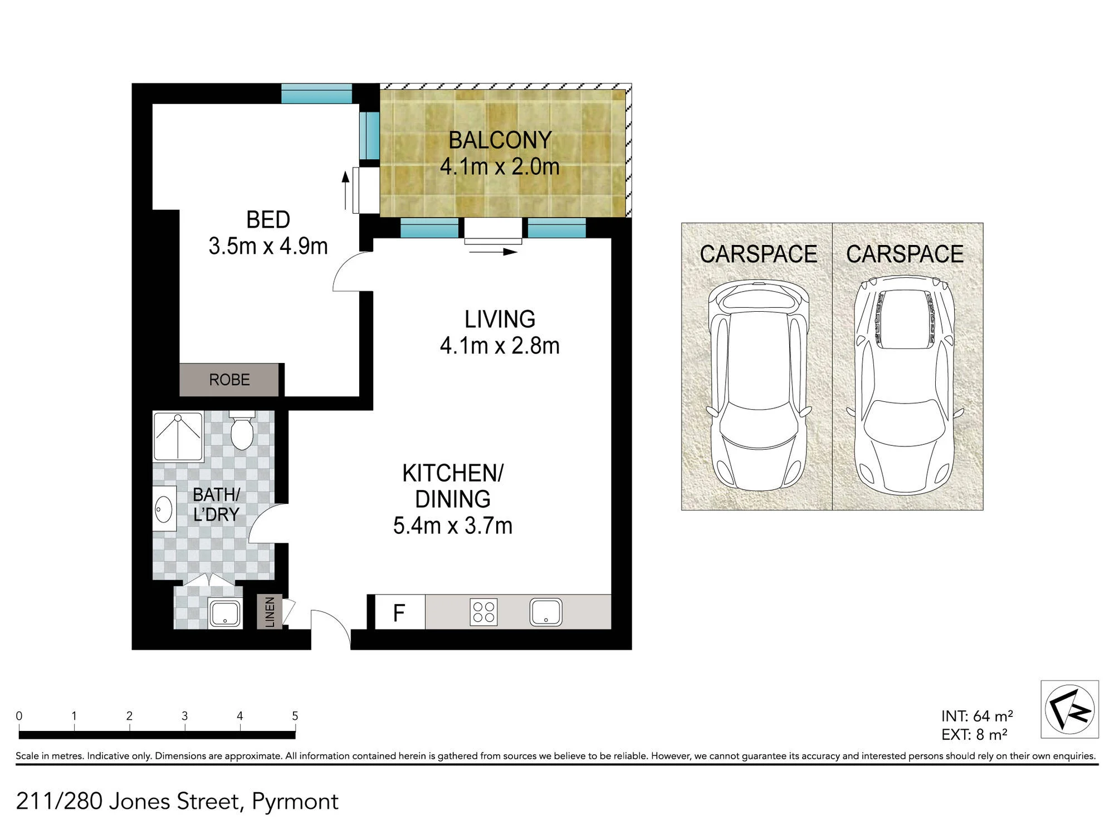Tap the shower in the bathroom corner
[x=178, y=436]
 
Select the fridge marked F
[x=399, y=612]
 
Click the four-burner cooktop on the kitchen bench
[x=483, y=612]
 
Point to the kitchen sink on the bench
[x=546, y=612]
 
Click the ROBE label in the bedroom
[x=229, y=380]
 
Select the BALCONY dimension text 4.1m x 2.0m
[x=500, y=166]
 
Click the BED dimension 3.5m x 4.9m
[x=268, y=246]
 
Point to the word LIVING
[x=500, y=319]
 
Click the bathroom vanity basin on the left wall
[x=164, y=509]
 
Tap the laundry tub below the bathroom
[x=225, y=613]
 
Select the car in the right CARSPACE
[x=905, y=385]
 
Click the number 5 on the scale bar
[x=295, y=716]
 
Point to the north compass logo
[x=1069, y=709]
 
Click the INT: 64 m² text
[x=977, y=716]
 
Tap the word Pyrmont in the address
[x=295, y=802]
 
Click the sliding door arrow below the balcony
[x=494, y=252]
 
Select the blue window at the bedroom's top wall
[x=316, y=94]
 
